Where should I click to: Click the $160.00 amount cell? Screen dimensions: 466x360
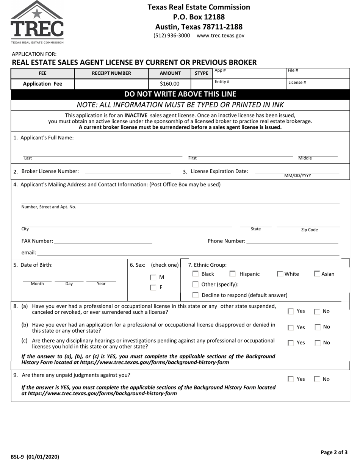[x=169, y=84]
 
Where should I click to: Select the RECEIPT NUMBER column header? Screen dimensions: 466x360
[x=111, y=73]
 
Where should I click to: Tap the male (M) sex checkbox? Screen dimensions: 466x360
[x=153, y=277]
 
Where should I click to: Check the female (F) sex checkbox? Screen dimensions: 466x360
[x=153, y=288]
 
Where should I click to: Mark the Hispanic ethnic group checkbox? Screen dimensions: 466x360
[x=233, y=274]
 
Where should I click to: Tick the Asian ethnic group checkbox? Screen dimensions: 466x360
[x=317, y=274]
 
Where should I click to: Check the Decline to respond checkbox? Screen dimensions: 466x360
[x=196, y=295]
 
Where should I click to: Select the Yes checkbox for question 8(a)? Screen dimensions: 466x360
[x=291, y=311]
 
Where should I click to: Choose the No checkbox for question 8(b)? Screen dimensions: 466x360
[x=317, y=327]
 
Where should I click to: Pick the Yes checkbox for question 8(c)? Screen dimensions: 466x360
[x=291, y=343]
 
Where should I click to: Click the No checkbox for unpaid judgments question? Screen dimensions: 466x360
[x=317, y=379]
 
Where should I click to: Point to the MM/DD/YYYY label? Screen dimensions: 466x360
[x=297, y=176]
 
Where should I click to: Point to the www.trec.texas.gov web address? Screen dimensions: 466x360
[x=221, y=36]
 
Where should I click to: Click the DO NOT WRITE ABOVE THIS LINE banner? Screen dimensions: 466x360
[x=180, y=94]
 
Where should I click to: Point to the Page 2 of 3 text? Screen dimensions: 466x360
[x=334, y=452]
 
